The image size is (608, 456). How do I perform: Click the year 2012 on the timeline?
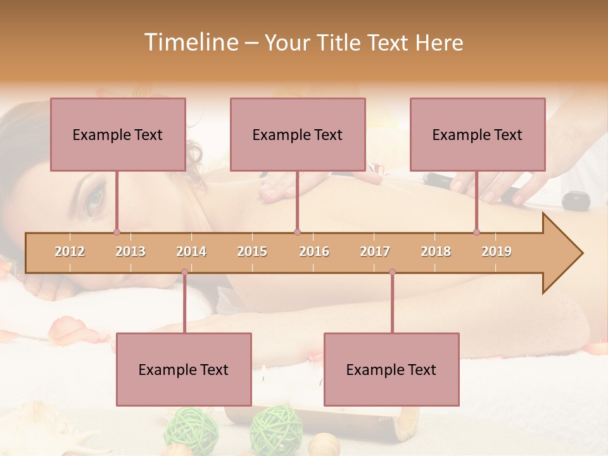[70, 251]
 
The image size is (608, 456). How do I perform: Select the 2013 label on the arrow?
[130, 251]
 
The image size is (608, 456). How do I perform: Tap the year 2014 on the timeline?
[191, 251]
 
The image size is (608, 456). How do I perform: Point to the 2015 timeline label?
[252, 251]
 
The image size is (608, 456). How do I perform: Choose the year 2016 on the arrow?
[314, 251]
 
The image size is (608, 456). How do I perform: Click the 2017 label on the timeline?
[375, 251]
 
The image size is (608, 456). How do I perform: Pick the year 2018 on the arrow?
[436, 251]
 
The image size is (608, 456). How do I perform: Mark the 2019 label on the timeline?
[497, 251]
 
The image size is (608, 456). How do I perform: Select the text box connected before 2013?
[118, 134]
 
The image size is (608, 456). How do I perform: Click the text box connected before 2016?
[298, 134]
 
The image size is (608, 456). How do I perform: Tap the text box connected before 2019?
[478, 134]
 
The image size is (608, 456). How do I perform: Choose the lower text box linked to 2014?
[184, 369]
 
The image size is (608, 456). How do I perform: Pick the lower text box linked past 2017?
[391, 369]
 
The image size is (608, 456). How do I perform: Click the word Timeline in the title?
[190, 42]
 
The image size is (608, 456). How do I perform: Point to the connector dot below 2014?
[184, 272]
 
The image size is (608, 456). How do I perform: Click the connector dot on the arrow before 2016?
[297, 232]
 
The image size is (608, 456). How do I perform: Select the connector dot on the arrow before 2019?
[476, 232]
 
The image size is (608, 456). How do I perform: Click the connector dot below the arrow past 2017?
[392, 272]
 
